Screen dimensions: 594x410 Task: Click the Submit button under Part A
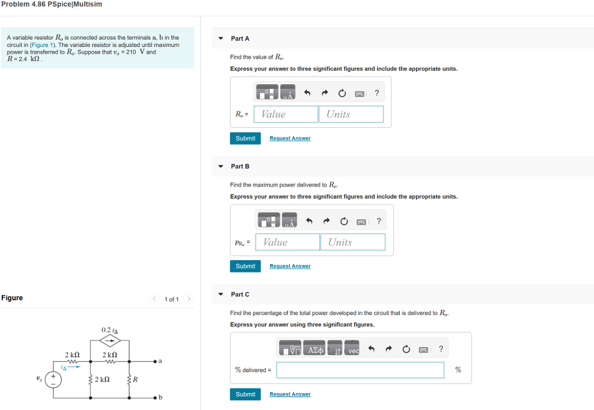click(x=245, y=138)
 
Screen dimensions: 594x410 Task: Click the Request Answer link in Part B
click(x=290, y=266)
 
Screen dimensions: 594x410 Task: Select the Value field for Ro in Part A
click(x=285, y=114)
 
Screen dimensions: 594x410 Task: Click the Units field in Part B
click(x=353, y=242)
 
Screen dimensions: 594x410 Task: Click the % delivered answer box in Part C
click(x=360, y=370)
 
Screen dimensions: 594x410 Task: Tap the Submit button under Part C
click(x=245, y=394)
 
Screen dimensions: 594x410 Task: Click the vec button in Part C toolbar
click(x=352, y=348)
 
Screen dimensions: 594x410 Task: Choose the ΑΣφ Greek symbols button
click(x=314, y=348)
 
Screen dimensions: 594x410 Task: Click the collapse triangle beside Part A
click(x=221, y=38)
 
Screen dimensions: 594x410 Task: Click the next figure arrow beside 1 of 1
click(x=189, y=298)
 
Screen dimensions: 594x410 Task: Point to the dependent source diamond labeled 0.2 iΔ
click(x=110, y=340)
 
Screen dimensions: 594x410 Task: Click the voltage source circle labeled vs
click(x=53, y=379)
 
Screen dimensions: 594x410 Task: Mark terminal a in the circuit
click(x=155, y=361)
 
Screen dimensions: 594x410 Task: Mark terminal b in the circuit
click(x=155, y=398)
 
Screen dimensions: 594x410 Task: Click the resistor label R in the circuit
click(x=135, y=379)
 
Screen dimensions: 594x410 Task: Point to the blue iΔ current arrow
click(x=74, y=367)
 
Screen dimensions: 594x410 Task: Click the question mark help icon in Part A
click(x=376, y=93)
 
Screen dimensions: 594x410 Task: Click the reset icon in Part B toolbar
click(x=343, y=221)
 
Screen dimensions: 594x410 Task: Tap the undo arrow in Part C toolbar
click(x=371, y=349)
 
